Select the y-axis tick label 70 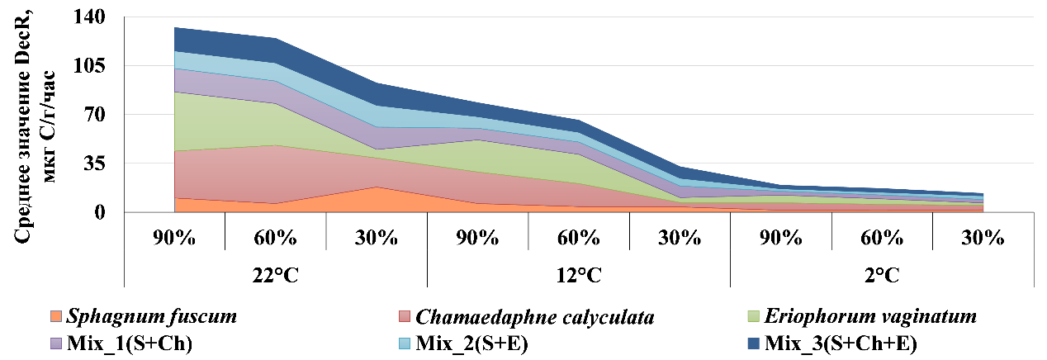point(100,114)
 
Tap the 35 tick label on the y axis point(100,163)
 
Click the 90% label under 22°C point(174,239)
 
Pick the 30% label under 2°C point(983,239)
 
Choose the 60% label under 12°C point(579,239)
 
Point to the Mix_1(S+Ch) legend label point(121,342)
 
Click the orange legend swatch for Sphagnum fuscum point(57,316)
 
